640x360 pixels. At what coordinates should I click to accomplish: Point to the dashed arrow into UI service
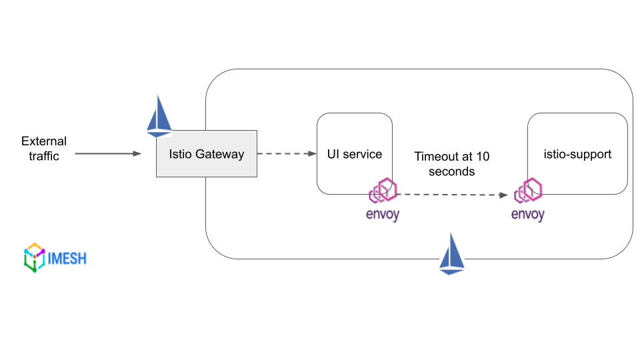coord(287,154)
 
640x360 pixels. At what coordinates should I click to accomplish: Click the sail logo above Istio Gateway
coord(159,116)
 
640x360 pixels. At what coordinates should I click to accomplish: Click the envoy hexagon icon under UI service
coord(384,191)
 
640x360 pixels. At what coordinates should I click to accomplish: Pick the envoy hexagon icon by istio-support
coord(529,191)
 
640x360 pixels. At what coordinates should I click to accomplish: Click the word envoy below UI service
coord(383,215)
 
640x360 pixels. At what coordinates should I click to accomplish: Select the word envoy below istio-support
coord(527,215)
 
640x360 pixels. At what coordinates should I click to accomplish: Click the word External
coord(44,141)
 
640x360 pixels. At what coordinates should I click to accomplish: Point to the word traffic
coord(44,157)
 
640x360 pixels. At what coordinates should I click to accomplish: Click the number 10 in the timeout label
coord(483,157)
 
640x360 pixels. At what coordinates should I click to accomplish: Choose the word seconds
coord(451,172)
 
